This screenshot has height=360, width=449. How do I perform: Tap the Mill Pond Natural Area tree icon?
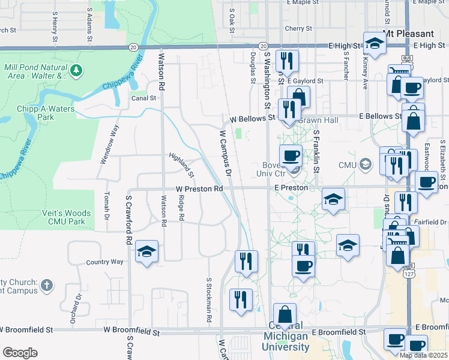76,71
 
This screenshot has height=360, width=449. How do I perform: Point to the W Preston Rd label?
199,188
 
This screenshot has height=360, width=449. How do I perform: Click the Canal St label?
143,98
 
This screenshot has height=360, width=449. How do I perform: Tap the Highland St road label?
181,166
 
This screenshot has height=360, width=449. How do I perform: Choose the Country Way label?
104,262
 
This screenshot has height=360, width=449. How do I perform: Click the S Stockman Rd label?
209,300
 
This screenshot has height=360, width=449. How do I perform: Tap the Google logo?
19,353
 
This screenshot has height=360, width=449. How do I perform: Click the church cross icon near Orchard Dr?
49,286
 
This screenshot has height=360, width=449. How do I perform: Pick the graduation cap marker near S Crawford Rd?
146,253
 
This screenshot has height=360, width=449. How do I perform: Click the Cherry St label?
299,28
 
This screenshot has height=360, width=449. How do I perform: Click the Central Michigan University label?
286,341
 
